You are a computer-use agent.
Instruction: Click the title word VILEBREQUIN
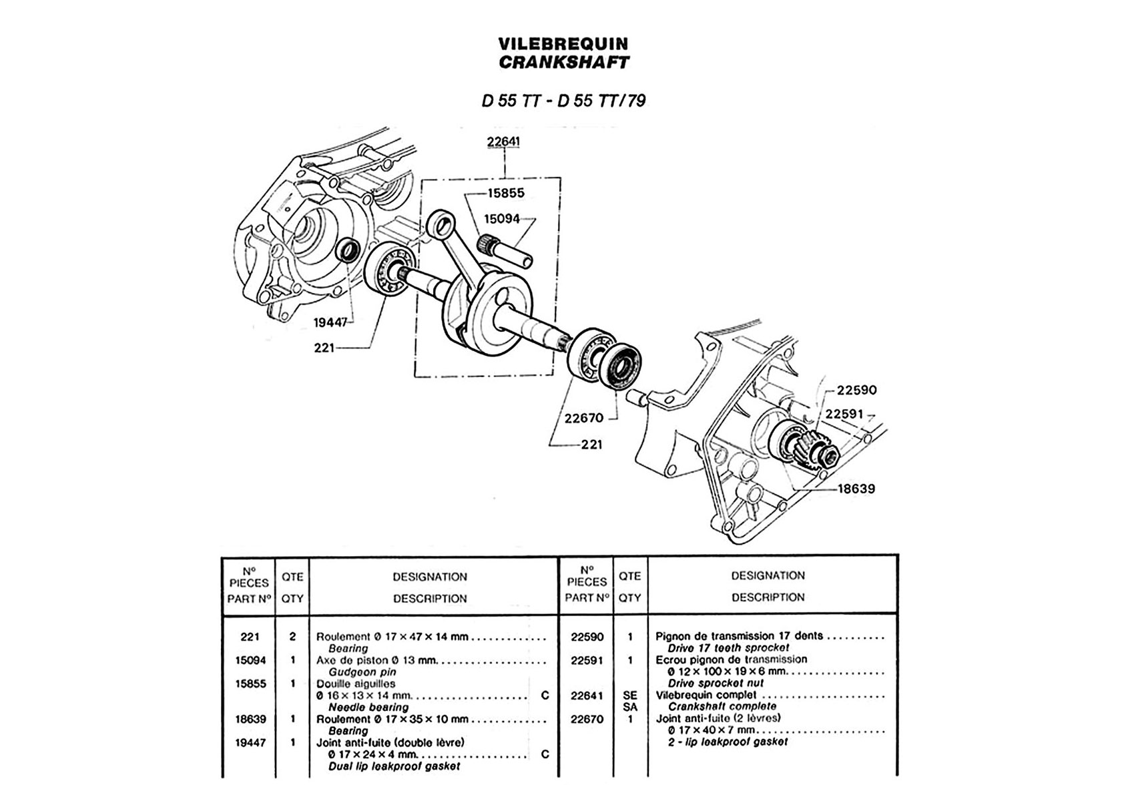tap(563, 44)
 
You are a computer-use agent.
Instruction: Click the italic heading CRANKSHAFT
tap(563, 63)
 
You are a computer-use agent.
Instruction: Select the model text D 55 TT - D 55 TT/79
tap(563, 101)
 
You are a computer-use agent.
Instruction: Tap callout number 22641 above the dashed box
tap(504, 142)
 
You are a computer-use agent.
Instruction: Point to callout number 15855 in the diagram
tap(506, 193)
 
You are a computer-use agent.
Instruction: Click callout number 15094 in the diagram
tap(502, 218)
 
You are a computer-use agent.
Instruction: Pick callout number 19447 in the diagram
tap(331, 323)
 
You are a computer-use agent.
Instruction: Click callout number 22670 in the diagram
tap(583, 418)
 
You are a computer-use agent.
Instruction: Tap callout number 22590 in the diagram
tap(857, 390)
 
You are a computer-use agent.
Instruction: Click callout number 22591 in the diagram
tap(844, 414)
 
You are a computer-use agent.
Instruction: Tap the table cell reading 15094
tap(250, 660)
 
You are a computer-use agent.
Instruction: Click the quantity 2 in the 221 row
tap(292, 637)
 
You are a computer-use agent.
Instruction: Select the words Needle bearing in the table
tap(368, 707)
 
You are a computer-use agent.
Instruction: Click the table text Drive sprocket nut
tap(715, 684)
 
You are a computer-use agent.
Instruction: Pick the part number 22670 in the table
tap(587, 719)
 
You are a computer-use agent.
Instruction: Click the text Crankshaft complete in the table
tap(722, 706)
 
